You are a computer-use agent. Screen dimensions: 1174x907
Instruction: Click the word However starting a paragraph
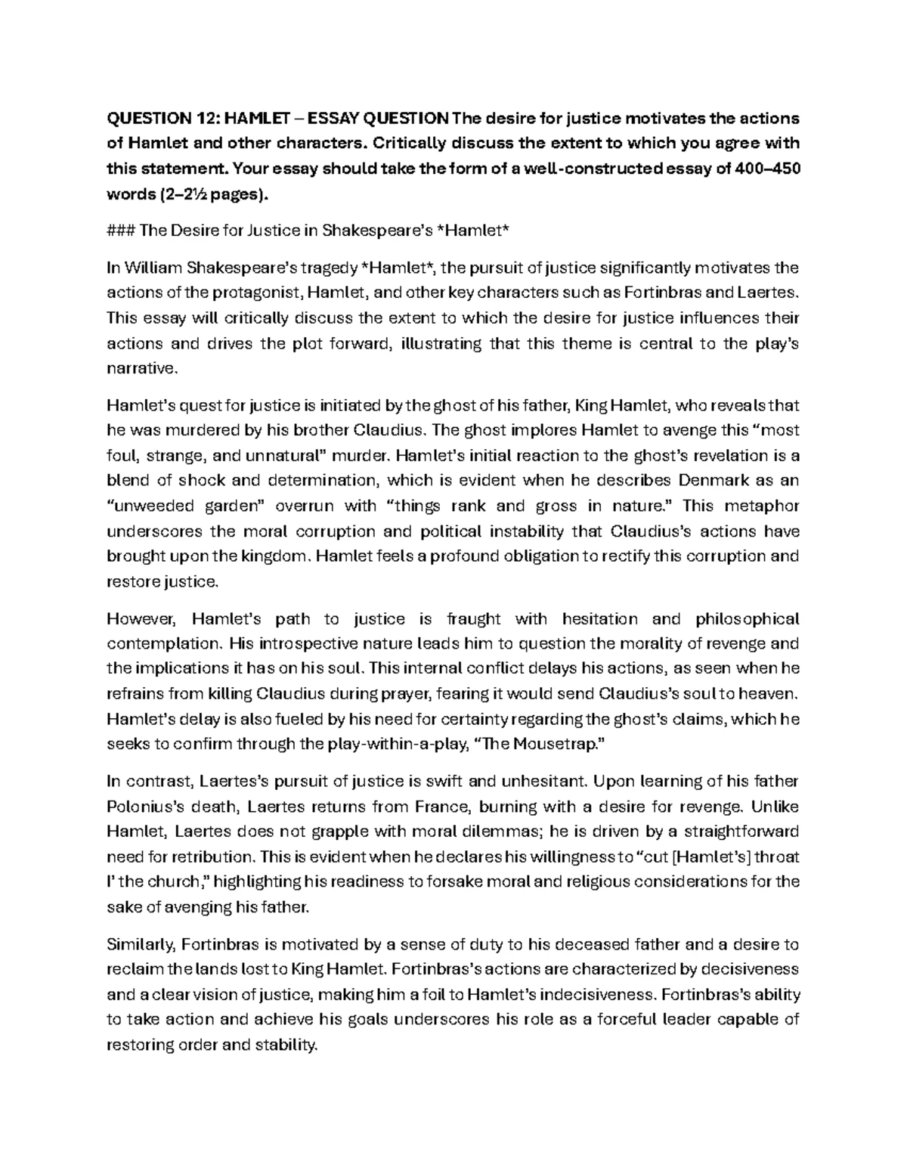pos(141,619)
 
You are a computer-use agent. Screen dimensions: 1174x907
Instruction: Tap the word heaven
pos(773,694)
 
